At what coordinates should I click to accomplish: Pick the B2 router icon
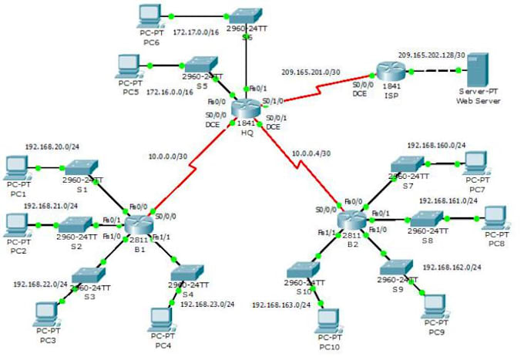351,219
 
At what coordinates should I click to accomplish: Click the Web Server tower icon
479,72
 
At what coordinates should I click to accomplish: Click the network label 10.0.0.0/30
173,157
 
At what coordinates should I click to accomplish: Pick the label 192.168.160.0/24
435,145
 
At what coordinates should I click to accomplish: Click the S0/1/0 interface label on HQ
274,100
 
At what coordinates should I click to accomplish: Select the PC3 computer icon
47,312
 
